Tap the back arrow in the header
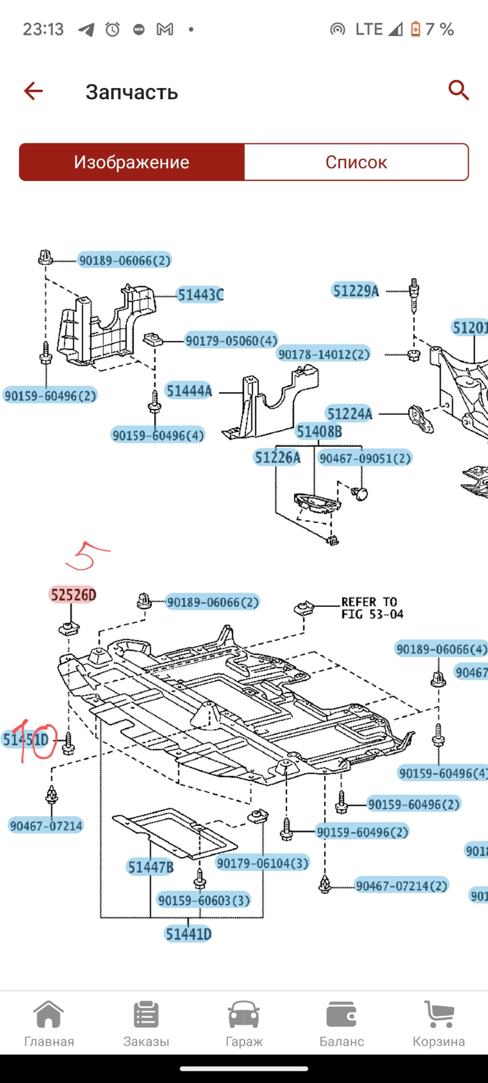33,91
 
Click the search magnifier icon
458,90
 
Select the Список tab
356,162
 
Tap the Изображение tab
132,162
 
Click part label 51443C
201,295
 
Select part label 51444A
189,391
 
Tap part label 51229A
355,291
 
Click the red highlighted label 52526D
73,595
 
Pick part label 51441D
188,934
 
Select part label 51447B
150,867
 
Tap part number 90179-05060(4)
232,341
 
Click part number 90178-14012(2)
324,354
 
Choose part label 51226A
277,457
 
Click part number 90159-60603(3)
204,900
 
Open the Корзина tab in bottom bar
439,1025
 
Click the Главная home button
49,1025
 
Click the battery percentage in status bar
439,29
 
